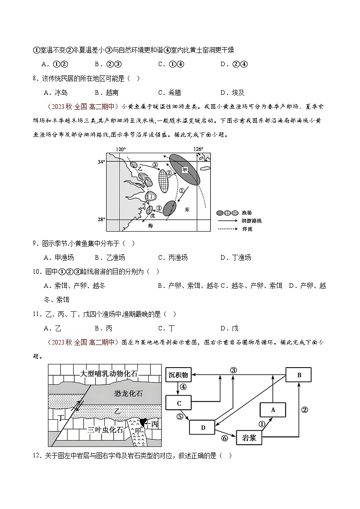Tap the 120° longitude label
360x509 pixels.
pos(120,149)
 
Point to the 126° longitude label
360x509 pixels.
pos(198,149)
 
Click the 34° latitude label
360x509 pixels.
pos(102,161)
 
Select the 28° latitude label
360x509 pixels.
pos(102,219)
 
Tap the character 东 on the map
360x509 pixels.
pos(187,210)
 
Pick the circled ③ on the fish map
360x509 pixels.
pos(155,165)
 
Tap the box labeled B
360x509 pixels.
pos(299,375)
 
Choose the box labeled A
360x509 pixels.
pos(272,409)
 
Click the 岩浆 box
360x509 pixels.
pos(250,438)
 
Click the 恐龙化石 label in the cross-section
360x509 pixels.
pos(128,394)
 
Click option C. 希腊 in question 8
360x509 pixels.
pos(170,92)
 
